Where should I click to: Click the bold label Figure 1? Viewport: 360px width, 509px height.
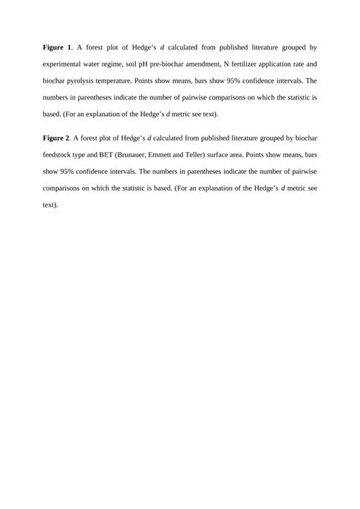[x=60, y=47]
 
